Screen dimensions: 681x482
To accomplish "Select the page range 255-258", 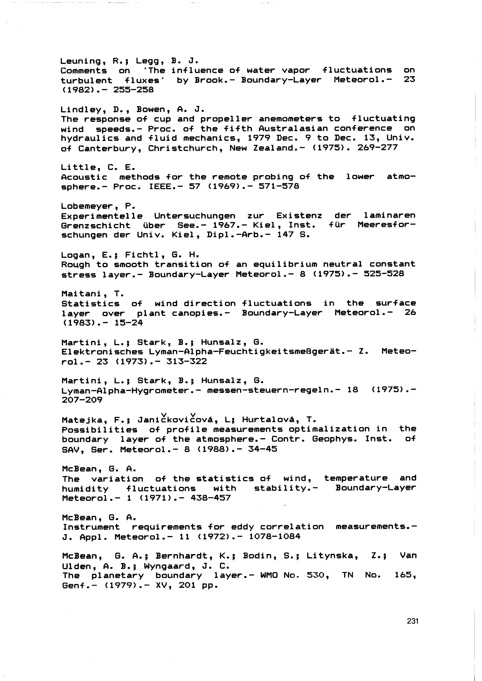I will (x=134, y=90).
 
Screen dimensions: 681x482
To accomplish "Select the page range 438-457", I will (x=210, y=498).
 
